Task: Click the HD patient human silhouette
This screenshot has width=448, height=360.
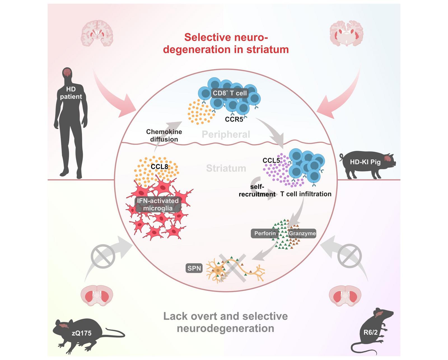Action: (71, 123)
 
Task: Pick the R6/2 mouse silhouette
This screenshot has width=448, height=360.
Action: (372, 330)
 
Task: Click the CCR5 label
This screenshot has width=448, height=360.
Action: (234, 119)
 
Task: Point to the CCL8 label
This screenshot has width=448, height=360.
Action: (159, 167)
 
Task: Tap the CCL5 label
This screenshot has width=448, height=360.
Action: (271, 161)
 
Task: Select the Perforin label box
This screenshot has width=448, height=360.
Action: (265, 233)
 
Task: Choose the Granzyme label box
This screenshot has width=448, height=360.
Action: (302, 233)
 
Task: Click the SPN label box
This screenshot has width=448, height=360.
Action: (194, 268)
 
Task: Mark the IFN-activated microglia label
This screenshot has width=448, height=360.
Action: (158, 204)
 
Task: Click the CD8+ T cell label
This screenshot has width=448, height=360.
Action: (230, 93)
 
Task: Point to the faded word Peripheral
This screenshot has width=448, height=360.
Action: (226, 135)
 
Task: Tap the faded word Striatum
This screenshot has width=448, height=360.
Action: (226, 168)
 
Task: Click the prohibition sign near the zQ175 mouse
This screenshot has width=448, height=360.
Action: (103, 256)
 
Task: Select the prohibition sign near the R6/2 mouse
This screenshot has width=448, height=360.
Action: (349, 256)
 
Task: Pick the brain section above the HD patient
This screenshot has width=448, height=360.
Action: (97, 33)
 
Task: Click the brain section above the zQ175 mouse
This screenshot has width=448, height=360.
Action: (97, 295)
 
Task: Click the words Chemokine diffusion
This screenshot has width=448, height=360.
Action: (164, 135)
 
